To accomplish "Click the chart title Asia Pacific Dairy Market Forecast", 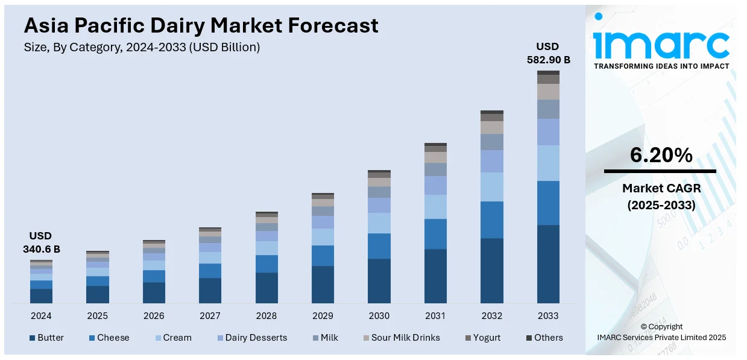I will point(201,25).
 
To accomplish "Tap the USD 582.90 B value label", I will point(547,53).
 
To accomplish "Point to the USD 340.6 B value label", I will point(41,242).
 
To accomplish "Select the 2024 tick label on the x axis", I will point(41,316).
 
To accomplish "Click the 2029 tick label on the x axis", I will point(323,316).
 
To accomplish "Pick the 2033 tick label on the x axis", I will point(548,316).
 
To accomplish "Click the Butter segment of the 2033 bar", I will point(548,264).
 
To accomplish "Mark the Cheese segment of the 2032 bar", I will point(492,219).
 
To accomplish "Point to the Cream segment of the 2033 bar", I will point(548,163).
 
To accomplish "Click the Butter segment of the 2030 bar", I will point(379,280).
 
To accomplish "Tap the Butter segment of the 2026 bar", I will point(154,292).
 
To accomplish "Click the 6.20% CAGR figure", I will point(661,156).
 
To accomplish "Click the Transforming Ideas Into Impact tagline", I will point(661,66).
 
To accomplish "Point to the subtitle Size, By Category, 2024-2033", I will point(142,48).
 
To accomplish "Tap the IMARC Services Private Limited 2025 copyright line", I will point(661,338).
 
